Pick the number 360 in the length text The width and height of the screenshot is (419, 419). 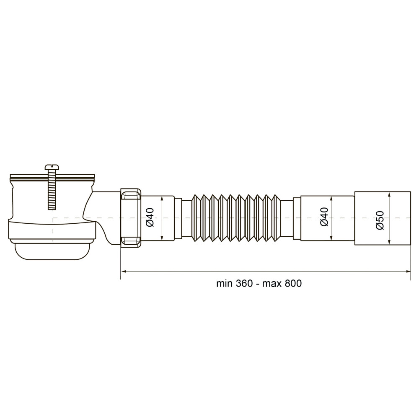pos(244,283)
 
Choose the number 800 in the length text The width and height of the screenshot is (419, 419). pos(293,283)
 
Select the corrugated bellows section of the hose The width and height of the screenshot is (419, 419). pos(235,218)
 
